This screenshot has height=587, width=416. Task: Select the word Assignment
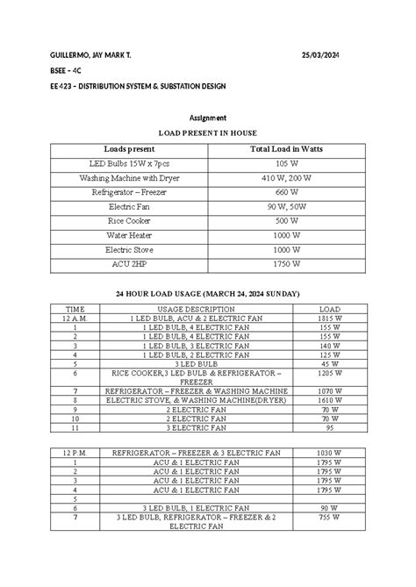[x=208, y=117]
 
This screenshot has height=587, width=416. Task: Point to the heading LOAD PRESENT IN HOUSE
[x=208, y=132]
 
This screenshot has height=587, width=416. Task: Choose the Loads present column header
[x=128, y=150]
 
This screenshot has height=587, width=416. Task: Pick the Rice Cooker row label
[x=128, y=220]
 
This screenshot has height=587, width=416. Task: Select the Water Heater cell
[x=128, y=235]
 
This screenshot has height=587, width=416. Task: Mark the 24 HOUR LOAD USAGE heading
[x=208, y=292]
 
